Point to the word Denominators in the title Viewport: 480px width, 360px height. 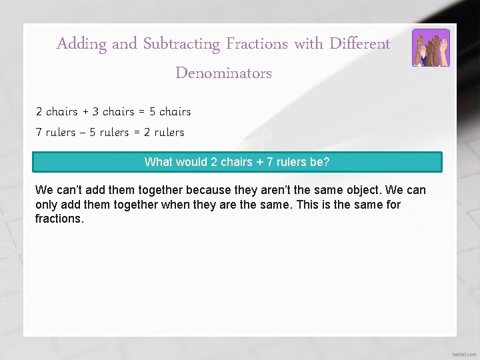pyautogui.click(x=223, y=73)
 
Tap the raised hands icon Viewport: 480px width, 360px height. pyautogui.click(x=431, y=48)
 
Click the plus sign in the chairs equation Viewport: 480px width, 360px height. pyautogui.click(x=85, y=112)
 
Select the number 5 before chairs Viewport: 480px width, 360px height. pyautogui.click(x=153, y=112)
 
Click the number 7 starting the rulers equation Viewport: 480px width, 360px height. pyautogui.click(x=39, y=133)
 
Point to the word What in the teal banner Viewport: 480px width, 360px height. pyautogui.click(x=158, y=162)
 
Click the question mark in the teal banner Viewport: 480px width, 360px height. pyautogui.click(x=326, y=162)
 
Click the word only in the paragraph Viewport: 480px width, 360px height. pyautogui.click(x=47, y=205)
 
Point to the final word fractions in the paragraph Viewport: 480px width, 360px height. pyautogui.click(x=59, y=219)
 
